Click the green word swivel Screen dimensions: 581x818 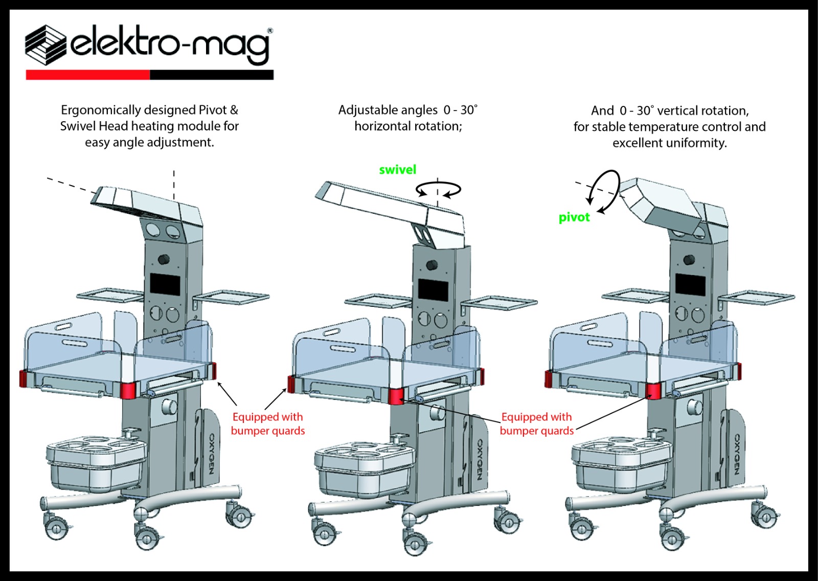(x=397, y=170)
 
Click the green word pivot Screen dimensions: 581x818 (x=574, y=217)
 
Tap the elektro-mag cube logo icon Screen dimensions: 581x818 (x=46, y=44)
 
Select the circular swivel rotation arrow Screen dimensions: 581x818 (x=438, y=190)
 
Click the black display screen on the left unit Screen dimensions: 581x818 (x=165, y=284)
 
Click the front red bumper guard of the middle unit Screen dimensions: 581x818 (x=396, y=396)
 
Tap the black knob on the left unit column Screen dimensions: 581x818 (x=164, y=259)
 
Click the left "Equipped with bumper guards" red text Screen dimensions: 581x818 (x=267, y=424)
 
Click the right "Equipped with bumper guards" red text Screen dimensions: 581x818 (x=536, y=424)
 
